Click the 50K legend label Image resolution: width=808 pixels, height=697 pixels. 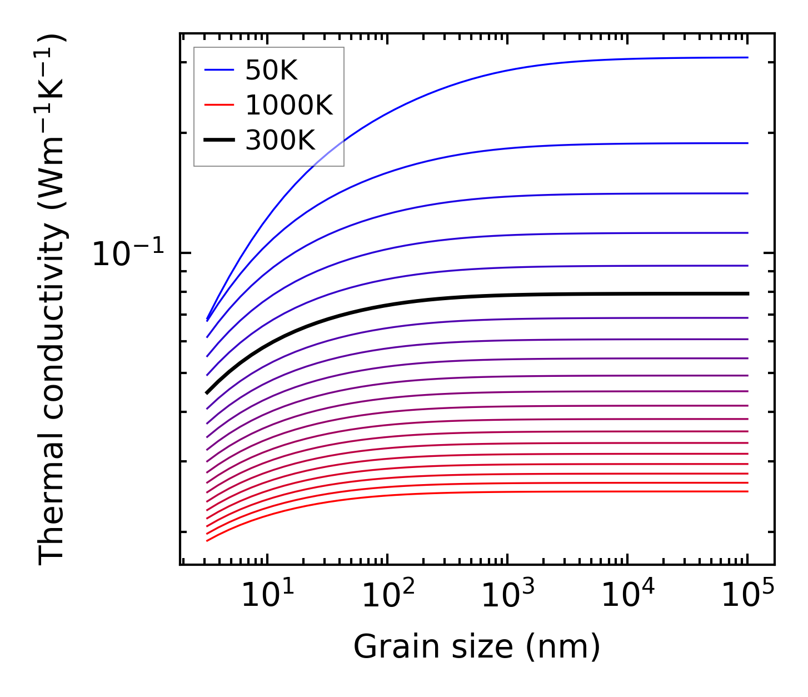[271, 71]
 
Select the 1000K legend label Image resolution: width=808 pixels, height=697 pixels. [289, 105]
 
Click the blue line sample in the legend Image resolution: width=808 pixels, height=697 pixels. [219, 70]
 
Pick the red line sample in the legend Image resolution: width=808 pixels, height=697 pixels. [219, 105]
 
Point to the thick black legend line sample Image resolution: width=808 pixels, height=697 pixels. [219, 140]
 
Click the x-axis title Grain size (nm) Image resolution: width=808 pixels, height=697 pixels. [477, 647]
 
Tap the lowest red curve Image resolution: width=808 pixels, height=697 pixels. [500, 492]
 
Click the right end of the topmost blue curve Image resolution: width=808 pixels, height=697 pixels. [747, 57]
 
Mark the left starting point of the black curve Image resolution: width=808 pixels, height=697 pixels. [207, 392]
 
